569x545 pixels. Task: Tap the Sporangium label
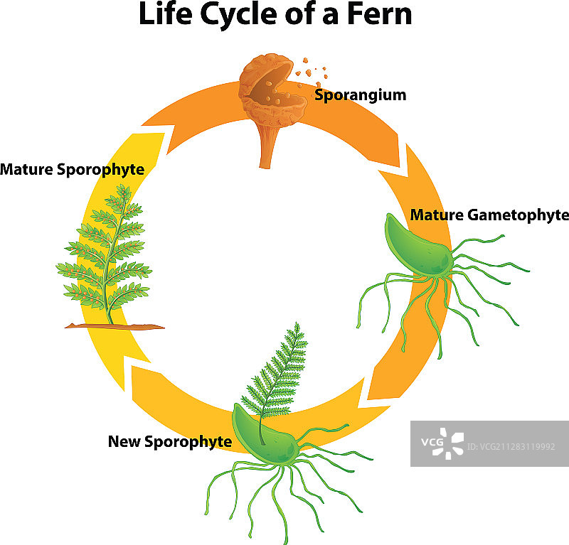[x=360, y=95]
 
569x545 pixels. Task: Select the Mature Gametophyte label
[x=489, y=215]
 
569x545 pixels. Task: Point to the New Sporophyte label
[x=169, y=441]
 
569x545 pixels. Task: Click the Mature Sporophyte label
[x=72, y=169]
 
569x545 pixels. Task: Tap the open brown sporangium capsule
[x=270, y=89]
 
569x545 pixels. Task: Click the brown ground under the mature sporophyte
[x=114, y=326]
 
